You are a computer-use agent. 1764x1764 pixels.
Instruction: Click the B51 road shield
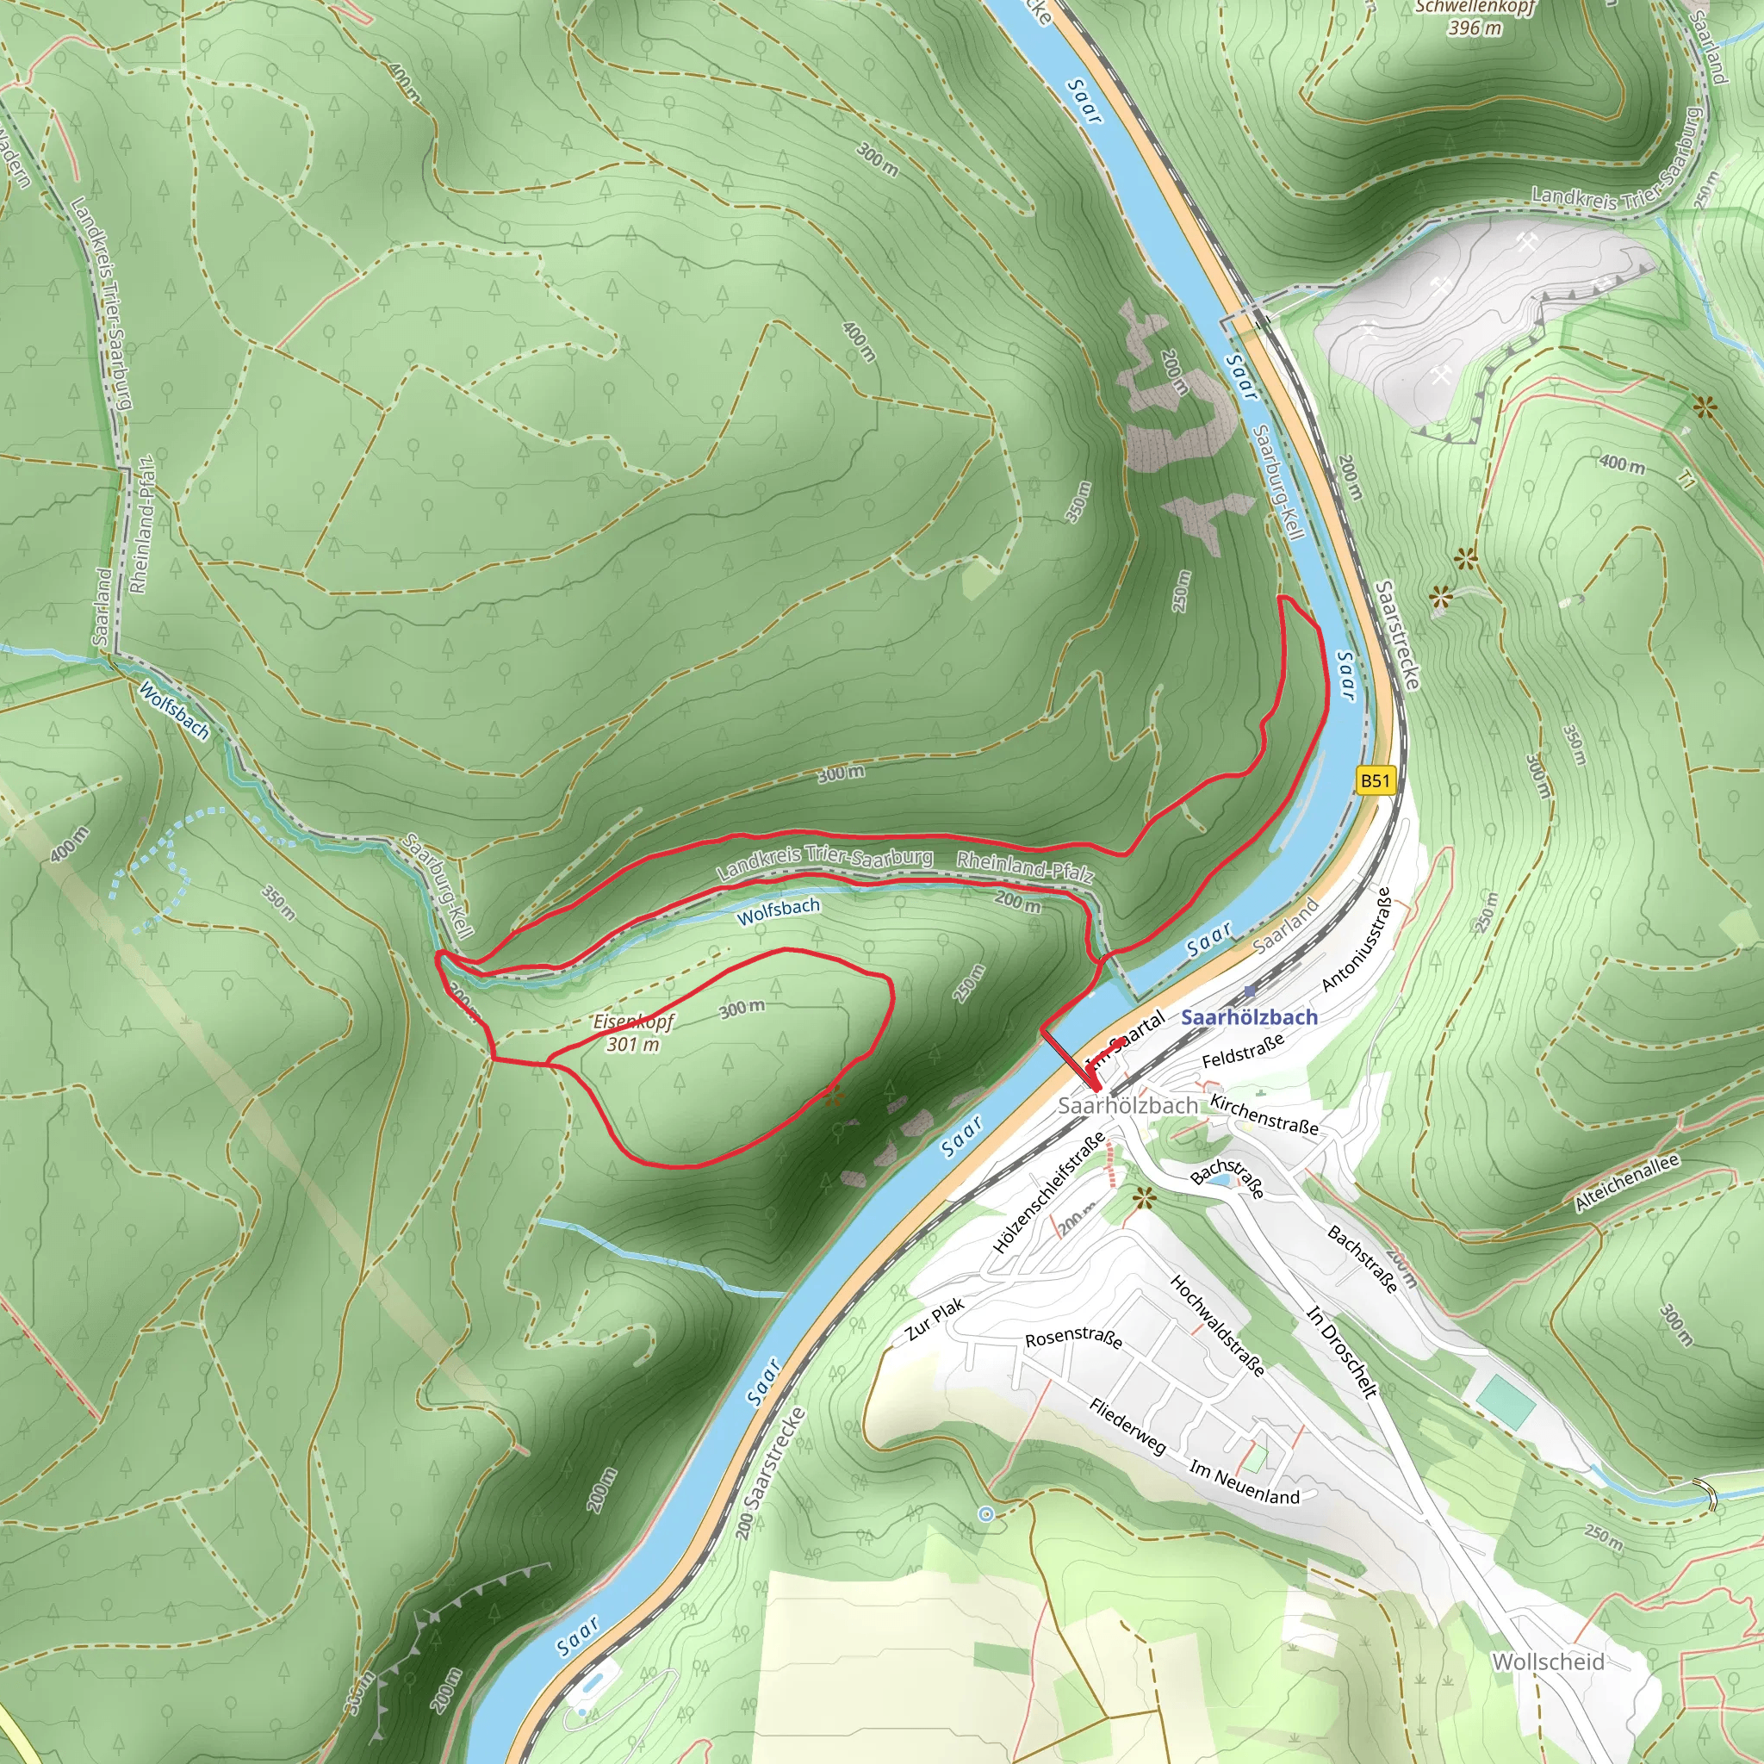pyautogui.click(x=1374, y=780)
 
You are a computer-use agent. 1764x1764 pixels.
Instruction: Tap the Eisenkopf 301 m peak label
pyautogui.click(x=633, y=1032)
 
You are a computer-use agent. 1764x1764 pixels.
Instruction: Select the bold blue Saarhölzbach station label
pyautogui.click(x=1249, y=1016)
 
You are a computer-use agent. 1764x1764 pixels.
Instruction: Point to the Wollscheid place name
pyautogui.click(x=1548, y=1661)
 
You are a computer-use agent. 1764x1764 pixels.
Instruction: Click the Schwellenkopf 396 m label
pyautogui.click(x=1475, y=16)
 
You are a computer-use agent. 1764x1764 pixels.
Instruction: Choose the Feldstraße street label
pyautogui.click(x=1243, y=1049)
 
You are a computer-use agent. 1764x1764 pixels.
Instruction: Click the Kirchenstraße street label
pyautogui.click(x=1264, y=1114)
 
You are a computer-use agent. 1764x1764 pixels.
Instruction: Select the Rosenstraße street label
pyautogui.click(x=1073, y=1338)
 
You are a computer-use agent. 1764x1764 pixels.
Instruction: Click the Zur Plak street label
pyautogui.click(x=935, y=1320)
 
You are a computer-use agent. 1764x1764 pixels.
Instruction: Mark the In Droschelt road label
pyautogui.click(x=1341, y=1351)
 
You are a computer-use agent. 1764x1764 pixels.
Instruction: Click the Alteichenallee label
pyautogui.click(x=1626, y=1183)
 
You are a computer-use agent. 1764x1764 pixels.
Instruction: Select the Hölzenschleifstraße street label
pyautogui.click(x=1048, y=1192)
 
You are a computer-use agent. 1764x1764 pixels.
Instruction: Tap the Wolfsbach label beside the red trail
pyautogui.click(x=778, y=910)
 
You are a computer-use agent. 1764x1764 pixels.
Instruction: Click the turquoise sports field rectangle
pyautogui.click(x=1505, y=1401)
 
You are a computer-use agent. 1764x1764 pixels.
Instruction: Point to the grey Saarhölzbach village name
pyautogui.click(x=1127, y=1105)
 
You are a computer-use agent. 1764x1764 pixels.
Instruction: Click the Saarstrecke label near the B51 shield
pyautogui.click(x=1397, y=636)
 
